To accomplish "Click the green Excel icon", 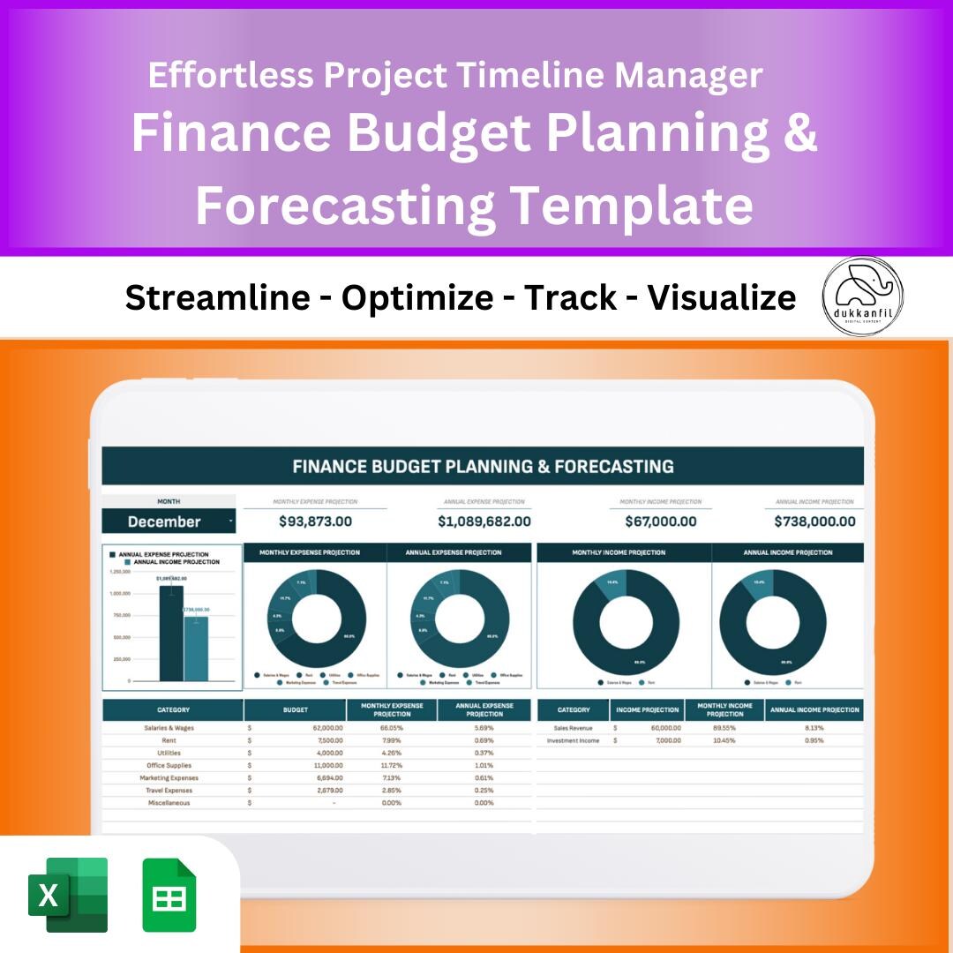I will (68, 895).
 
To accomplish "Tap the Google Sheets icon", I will (169, 895).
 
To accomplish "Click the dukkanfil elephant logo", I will (862, 296).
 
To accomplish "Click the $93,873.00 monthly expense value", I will (315, 522).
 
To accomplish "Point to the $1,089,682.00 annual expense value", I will (484, 522).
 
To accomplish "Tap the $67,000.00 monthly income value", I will (660, 522).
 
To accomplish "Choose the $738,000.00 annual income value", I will (814, 522).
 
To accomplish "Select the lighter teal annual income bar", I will (196, 649).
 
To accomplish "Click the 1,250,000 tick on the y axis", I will (120, 572).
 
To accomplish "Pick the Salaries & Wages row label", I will (169, 728).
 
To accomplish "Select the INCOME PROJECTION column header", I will (648, 709).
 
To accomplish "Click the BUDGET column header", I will (296, 709).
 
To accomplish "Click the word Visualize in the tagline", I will (721, 298).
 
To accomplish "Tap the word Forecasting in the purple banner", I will (345, 205).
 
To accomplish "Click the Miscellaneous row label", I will (169, 803).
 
